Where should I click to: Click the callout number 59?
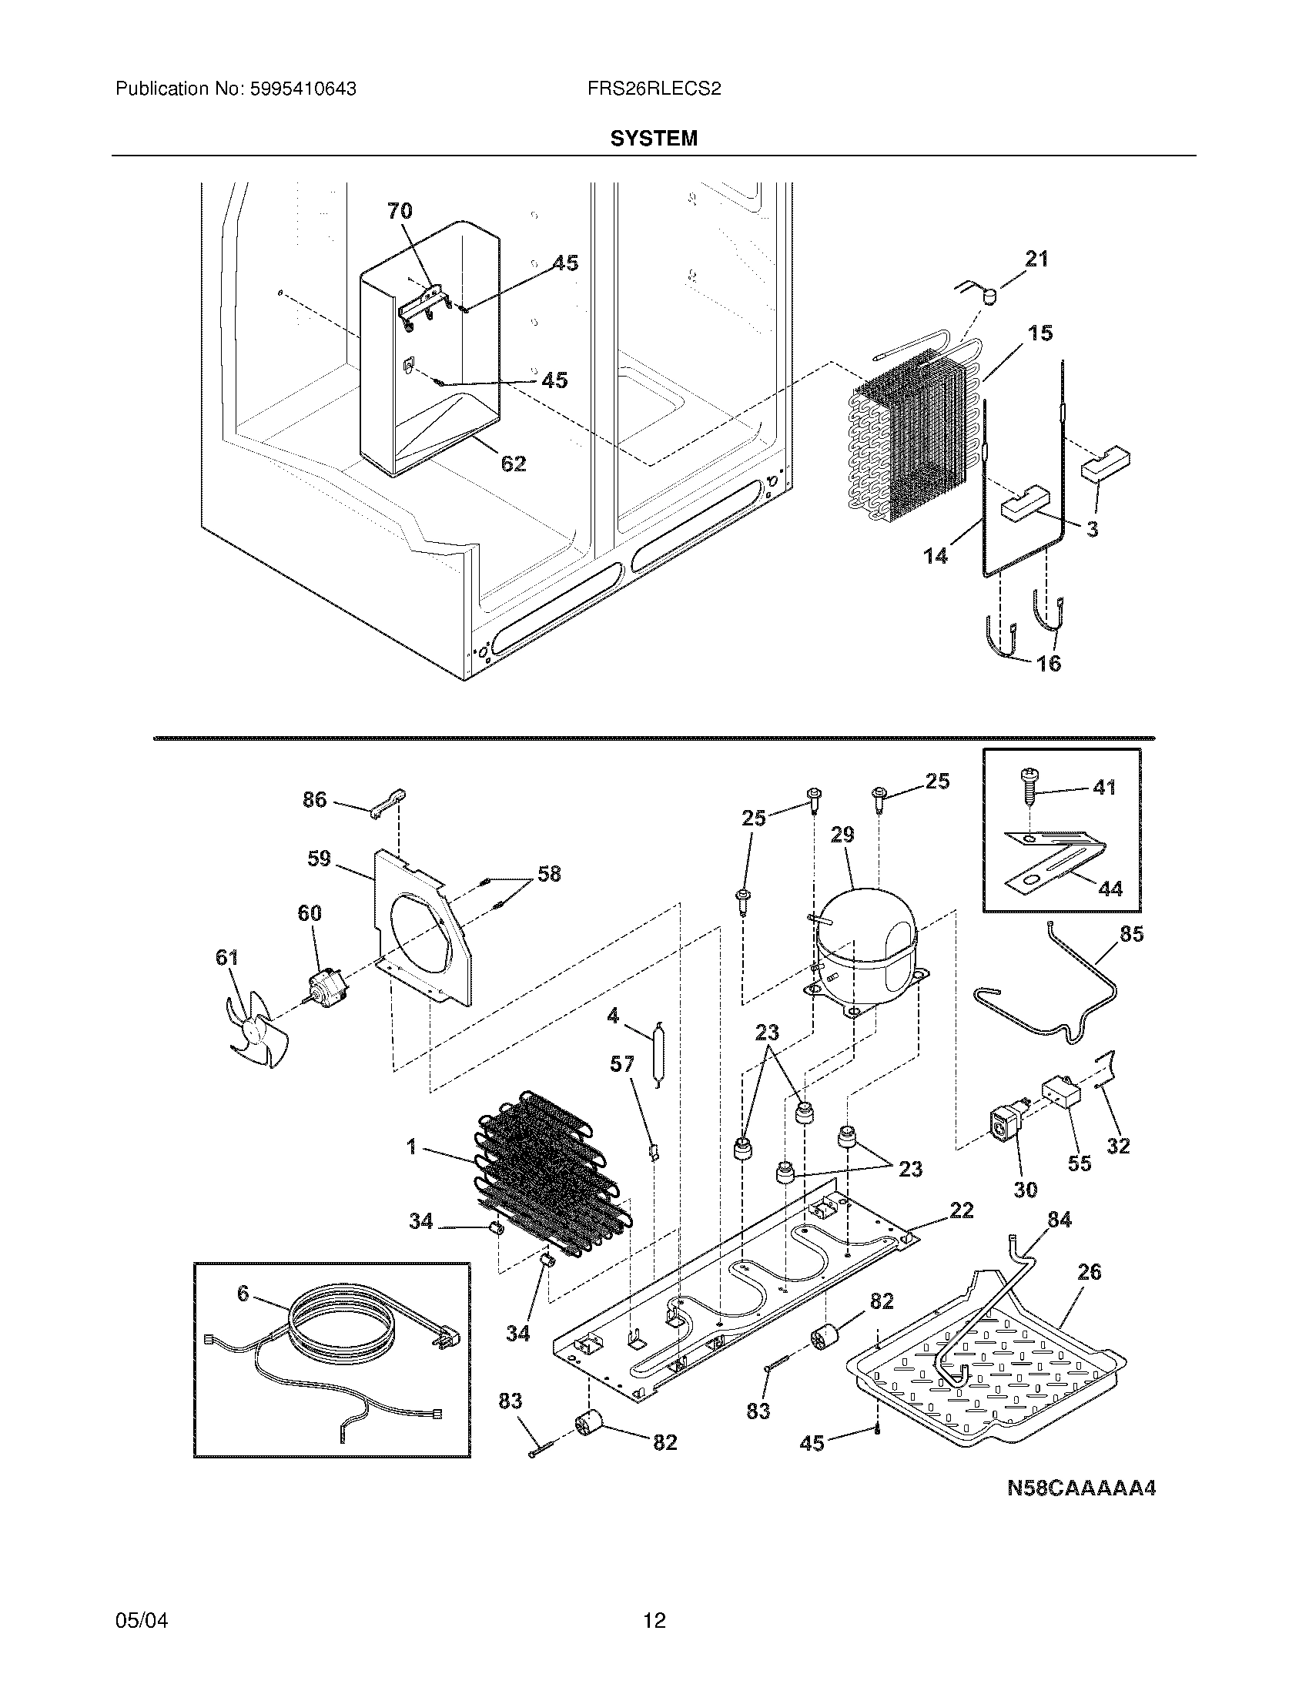click(x=319, y=859)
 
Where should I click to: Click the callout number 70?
click(x=400, y=211)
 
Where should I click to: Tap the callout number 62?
click(x=514, y=464)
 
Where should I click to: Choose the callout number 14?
click(x=936, y=555)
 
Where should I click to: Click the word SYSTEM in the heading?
click(x=654, y=138)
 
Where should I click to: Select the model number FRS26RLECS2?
click(x=654, y=89)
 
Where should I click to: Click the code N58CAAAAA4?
click(x=1081, y=1488)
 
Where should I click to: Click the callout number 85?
click(x=1130, y=935)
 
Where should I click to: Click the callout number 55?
click(x=1079, y=1184)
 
